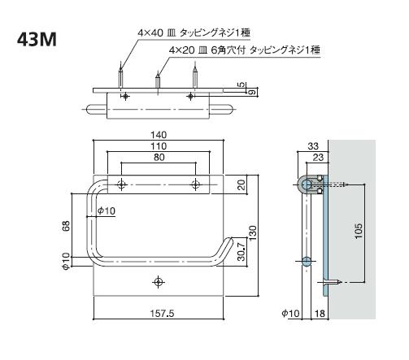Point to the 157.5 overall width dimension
click(159, 313)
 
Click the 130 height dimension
click(253, 234)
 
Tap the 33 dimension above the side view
click(313, 145)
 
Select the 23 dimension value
click(317, 156)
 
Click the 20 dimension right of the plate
click(241, 184)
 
